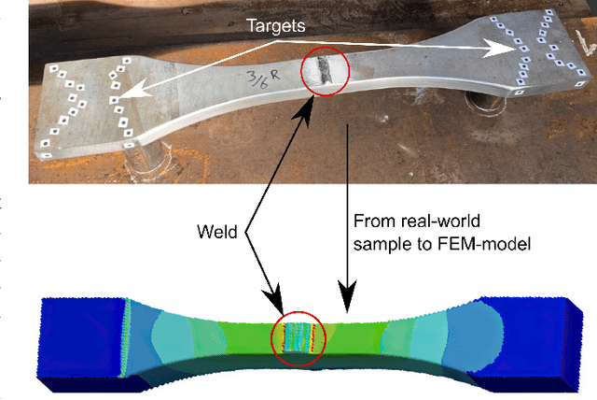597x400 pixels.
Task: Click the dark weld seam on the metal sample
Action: (x=322, y=71)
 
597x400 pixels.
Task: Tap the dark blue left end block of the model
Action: (x=79, y=336)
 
